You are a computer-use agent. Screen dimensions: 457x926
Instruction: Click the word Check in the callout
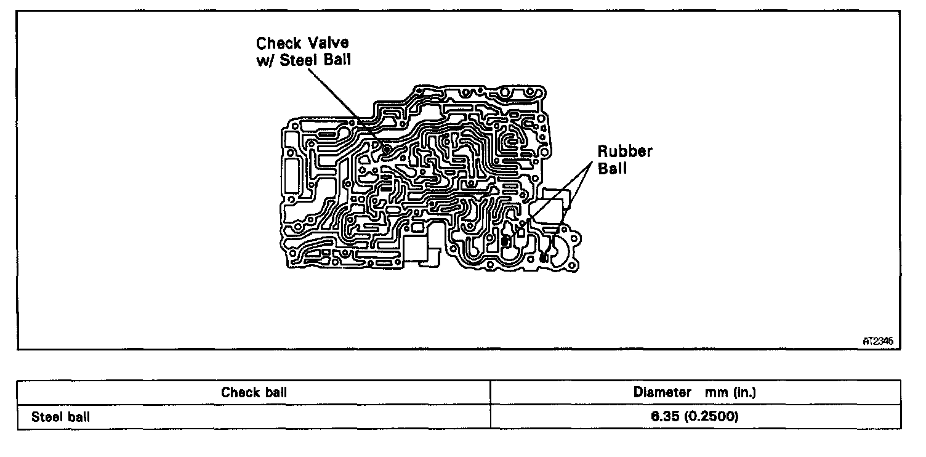point(278,44)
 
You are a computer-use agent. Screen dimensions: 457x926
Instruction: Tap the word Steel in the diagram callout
point(300,62)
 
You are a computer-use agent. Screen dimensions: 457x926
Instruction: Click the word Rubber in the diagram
point(624,152)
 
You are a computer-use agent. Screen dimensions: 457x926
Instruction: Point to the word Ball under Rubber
point(613,168)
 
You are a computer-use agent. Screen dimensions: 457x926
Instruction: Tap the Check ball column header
point(254,392)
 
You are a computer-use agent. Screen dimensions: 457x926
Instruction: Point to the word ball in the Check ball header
point(275,392)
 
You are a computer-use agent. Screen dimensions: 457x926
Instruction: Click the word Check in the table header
point(241,392)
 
